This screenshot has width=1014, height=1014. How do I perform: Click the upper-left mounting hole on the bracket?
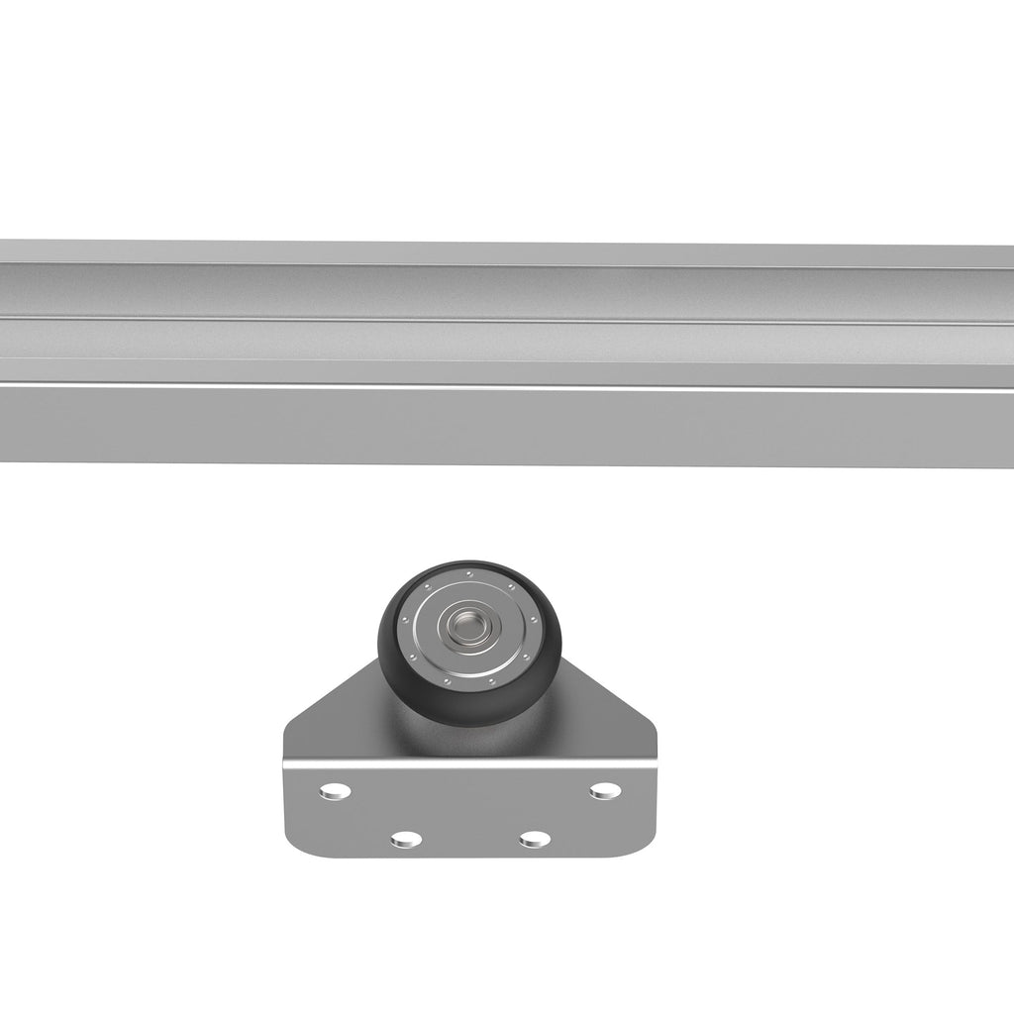336,790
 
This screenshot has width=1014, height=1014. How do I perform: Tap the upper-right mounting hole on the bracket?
604,790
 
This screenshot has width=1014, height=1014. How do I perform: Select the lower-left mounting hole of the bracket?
406,839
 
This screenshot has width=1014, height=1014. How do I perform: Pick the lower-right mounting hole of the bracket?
535,839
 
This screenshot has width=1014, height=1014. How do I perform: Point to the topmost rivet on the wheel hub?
469,573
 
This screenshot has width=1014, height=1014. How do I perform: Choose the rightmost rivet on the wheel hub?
535,622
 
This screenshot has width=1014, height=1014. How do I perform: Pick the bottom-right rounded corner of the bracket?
644,844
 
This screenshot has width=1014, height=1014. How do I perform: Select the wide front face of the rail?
495,426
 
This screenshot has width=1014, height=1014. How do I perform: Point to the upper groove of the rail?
495,292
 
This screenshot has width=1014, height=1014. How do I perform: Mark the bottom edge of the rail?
495,463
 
